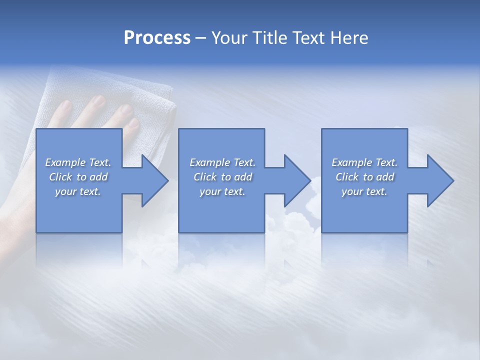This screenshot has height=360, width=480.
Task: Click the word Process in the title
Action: tap(157, 38)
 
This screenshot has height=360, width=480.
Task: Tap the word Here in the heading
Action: tap(350, 38)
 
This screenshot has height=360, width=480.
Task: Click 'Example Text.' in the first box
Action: tap(78, 162)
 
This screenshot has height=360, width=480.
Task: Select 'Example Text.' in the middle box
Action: tap(222, 162)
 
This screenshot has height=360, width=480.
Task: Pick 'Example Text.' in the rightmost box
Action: tap(364, 162)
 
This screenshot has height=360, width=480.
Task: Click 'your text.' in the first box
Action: tap(78, 191)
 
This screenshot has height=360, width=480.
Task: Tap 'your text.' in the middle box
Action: tap(222, 191)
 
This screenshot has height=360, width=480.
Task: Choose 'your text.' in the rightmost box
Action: tap(364, 191)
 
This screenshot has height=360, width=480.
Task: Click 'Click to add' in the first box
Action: tap(78, 177)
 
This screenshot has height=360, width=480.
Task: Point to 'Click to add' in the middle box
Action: tap(222, 177)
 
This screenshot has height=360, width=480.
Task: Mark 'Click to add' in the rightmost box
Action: tap(364, 177)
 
